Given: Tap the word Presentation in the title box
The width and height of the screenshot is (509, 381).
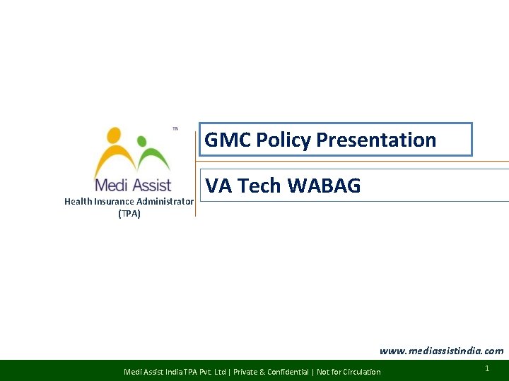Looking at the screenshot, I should click(376, 140).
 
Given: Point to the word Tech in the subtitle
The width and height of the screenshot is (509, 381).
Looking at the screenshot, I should click(260, 186).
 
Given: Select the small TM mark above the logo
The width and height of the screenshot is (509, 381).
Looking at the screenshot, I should click(175, 129).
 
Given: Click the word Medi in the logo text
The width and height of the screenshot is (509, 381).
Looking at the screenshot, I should click(111, 186).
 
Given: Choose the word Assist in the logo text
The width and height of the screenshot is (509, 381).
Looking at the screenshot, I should click(152, 186).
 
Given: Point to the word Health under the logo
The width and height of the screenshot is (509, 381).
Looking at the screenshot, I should click(78, 202).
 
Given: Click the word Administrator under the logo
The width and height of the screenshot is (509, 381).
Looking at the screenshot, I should click(165, 202).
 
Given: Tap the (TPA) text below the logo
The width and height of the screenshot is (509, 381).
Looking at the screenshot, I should click(129, 214).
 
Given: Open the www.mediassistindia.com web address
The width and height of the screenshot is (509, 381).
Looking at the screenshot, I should click(441, 351).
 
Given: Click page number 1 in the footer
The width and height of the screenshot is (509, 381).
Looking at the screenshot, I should click(488, 369).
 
